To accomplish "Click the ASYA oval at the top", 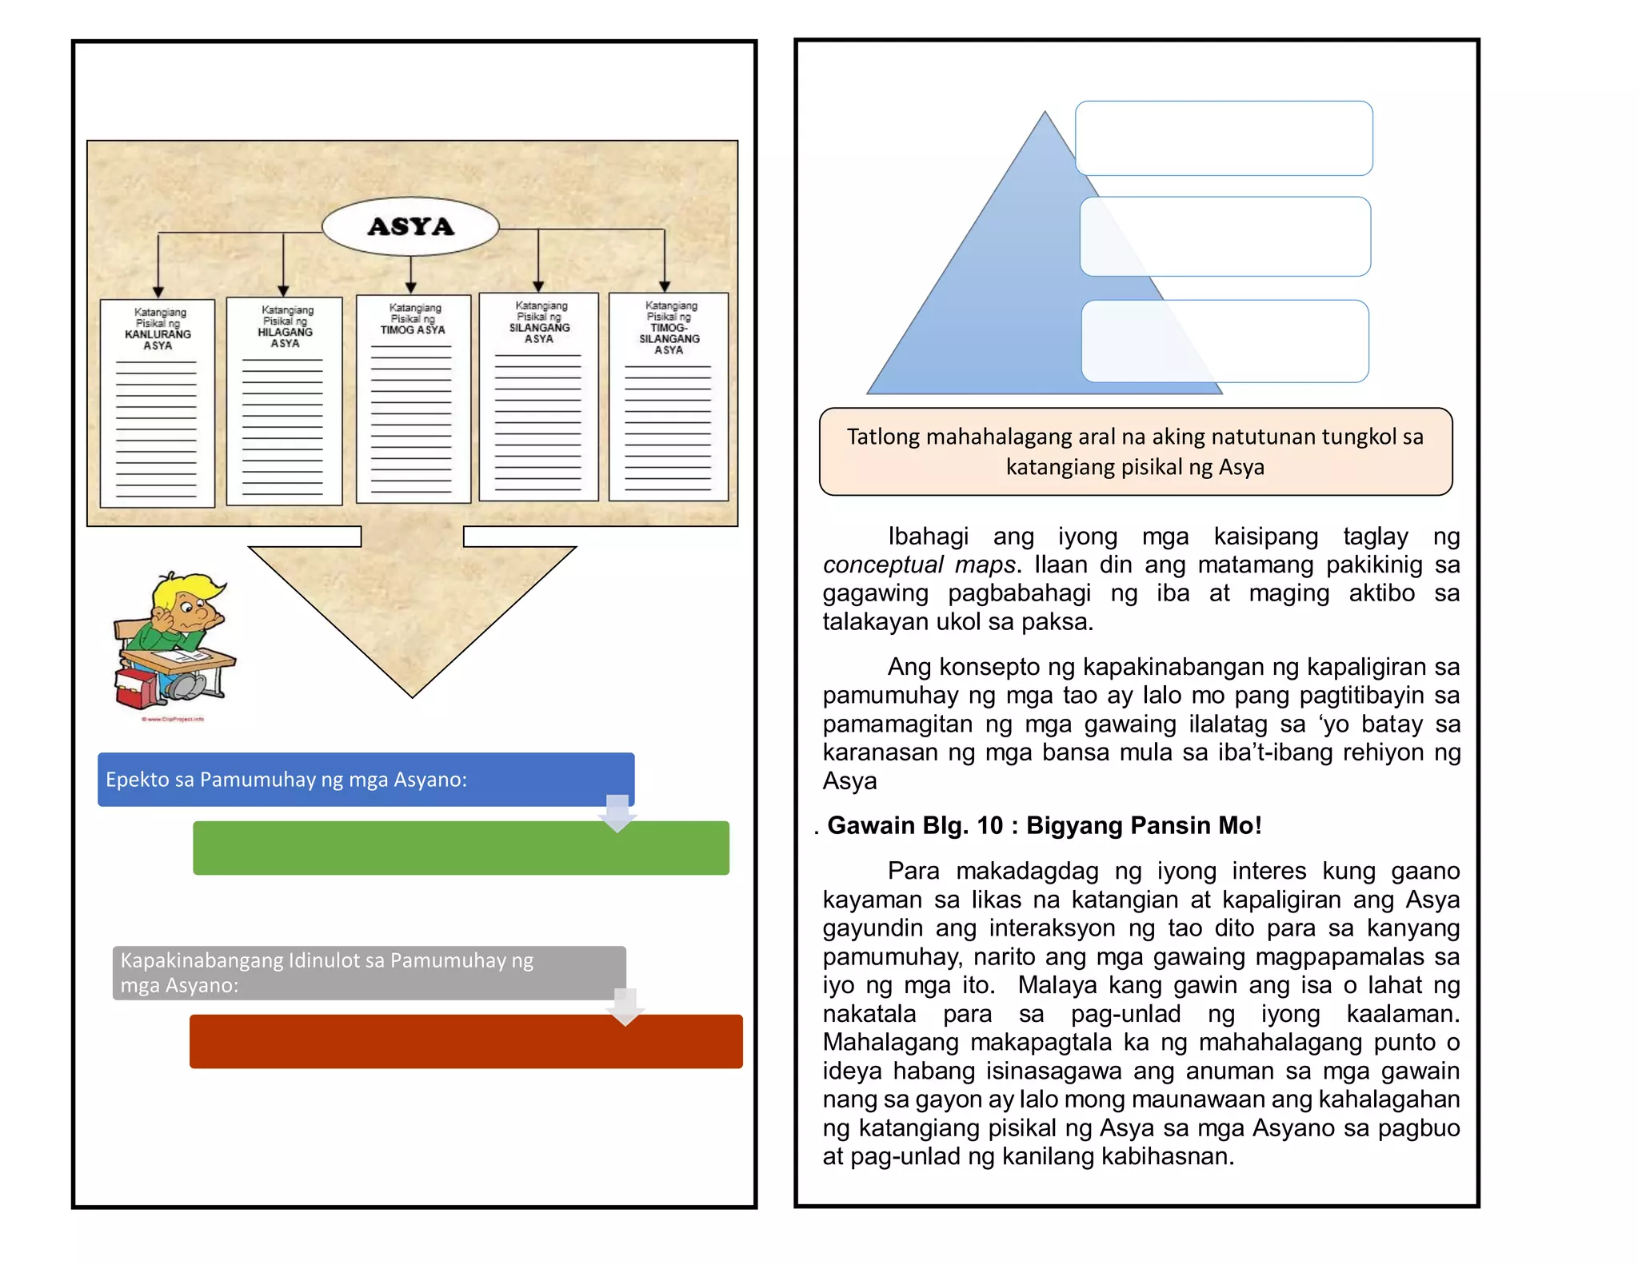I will pos(410,226).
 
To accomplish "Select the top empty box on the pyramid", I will pos(1224,138).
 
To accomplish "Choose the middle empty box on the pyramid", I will pos(1225,237).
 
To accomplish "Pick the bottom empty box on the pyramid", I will pos(1225,341).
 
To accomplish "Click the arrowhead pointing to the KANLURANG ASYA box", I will pos(158,293).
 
